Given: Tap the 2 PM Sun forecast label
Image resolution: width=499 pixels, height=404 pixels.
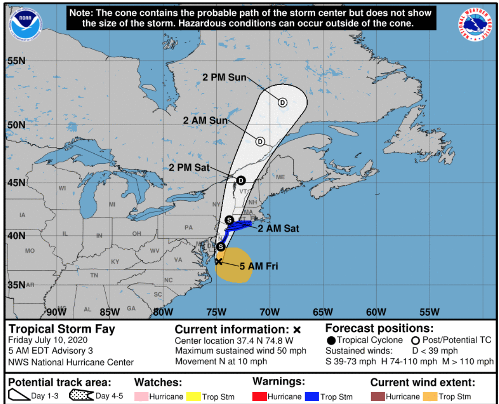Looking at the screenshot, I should (224, 77).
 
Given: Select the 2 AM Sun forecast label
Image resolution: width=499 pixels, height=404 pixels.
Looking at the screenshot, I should (205, 121).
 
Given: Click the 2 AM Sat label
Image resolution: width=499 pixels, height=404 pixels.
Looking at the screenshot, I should (278, 228).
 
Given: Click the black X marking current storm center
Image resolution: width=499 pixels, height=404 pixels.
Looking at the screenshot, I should (219, 262).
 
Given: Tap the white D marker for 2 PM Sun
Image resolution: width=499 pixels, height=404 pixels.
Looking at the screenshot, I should (282, 102).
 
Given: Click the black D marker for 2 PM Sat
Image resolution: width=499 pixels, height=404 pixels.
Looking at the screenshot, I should (241, 181).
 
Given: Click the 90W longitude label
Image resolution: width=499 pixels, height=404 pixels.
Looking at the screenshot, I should (56, 312).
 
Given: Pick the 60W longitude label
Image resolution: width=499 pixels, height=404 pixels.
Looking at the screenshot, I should (376, 312).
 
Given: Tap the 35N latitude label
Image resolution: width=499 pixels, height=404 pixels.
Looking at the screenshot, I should (16, 285).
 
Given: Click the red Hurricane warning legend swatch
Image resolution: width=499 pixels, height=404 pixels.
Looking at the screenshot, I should (260, 396).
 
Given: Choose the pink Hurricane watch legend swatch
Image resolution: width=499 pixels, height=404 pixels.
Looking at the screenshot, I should (141, 396).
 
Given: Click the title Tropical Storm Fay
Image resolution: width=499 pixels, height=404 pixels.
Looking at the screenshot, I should (62, 329).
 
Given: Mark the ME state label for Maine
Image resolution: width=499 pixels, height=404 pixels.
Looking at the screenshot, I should (280, 177).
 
